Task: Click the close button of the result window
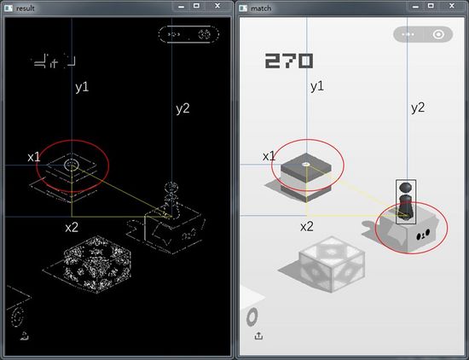pos(217,6)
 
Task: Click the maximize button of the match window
pos(431,6)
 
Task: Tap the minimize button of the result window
pos(181,6)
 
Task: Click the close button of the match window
pos(452,6)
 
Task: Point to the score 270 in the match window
pos(289,61)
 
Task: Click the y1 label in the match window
pos(317,86)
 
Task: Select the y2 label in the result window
pos(182,108)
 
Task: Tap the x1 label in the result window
pos(34,157)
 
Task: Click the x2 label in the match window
pos(307,227)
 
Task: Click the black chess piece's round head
pos(406,188)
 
